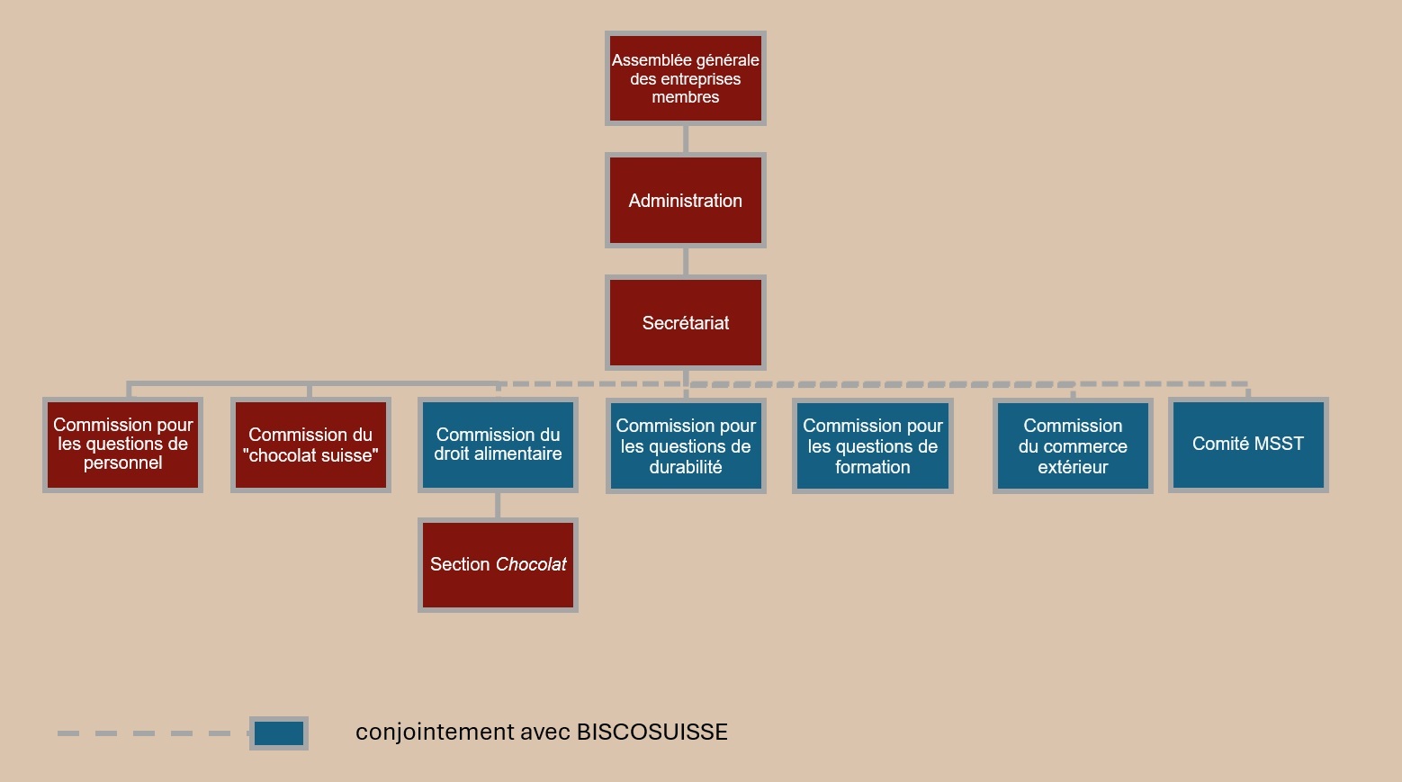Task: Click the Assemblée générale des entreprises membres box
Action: point(686,78)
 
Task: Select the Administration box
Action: point(686,201)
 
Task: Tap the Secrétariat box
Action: point(686,322)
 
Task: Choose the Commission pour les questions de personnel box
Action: point(122,445)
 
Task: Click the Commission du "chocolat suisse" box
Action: point(310,445)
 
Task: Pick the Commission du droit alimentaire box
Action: point(498,445)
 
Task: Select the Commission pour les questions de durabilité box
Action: point(686,445)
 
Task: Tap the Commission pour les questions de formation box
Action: point(873,445)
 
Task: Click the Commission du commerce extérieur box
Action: point(1073,445)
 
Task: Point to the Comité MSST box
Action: point(1248,445)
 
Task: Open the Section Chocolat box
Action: point(498,565)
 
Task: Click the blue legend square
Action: point(279,733)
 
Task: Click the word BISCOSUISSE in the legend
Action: point(652,732)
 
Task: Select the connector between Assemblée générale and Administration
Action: point(686,139)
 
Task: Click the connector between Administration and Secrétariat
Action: point(686,261)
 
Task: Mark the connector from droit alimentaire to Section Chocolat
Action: point(498,505)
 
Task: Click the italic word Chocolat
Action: point(531,564)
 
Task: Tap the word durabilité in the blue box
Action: point(686,467)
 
